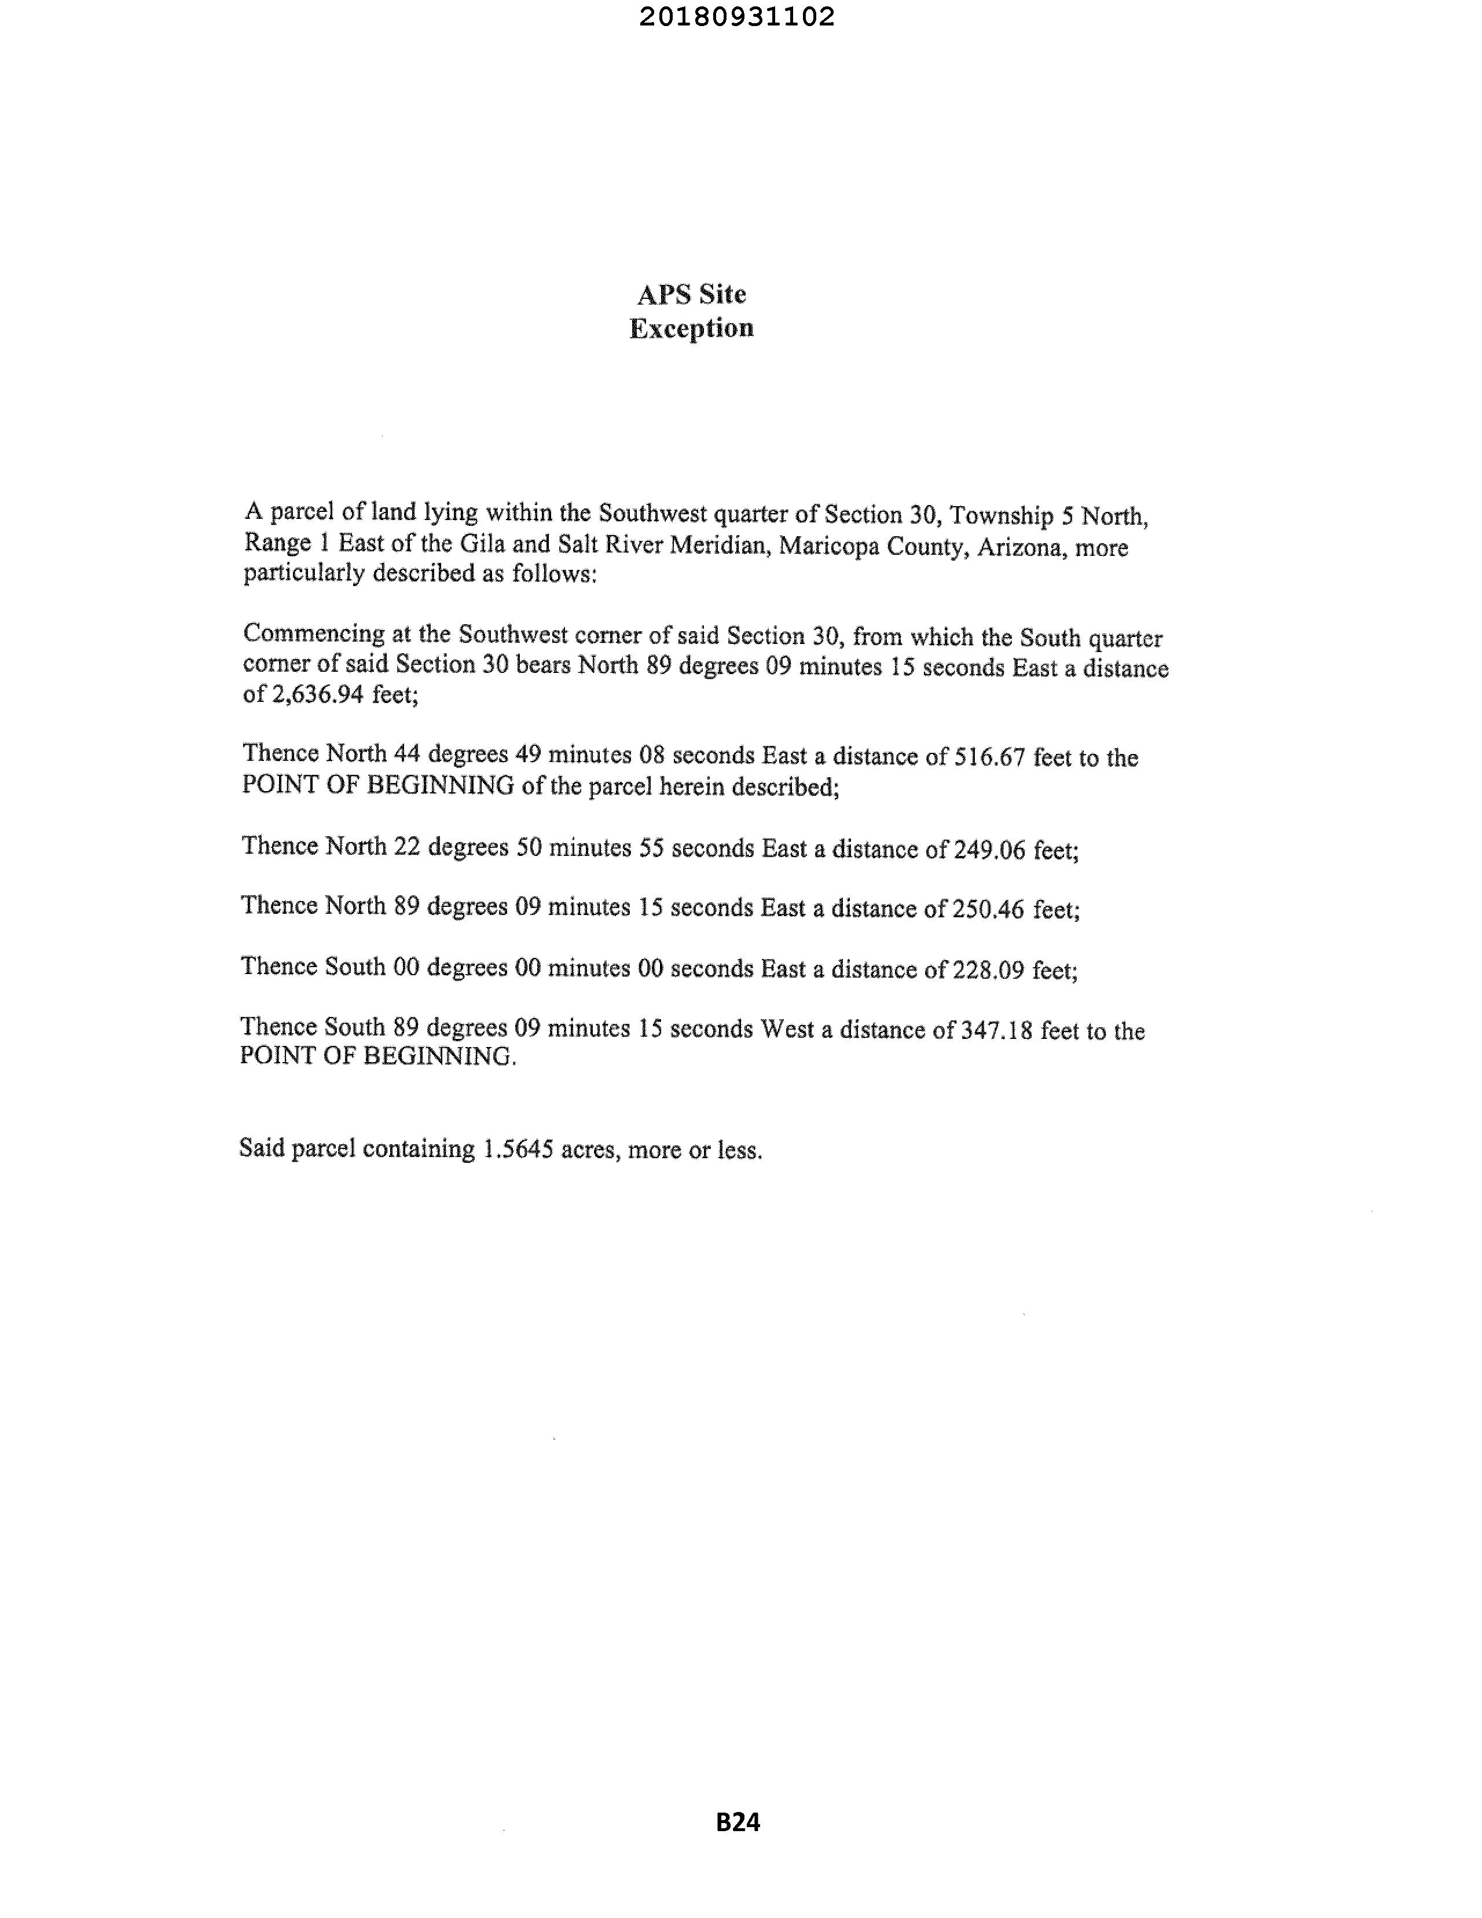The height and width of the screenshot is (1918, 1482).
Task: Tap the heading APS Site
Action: tap(692, 294)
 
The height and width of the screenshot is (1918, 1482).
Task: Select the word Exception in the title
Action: tap(692, 328)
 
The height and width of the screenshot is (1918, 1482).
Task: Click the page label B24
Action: tap(738, 1822)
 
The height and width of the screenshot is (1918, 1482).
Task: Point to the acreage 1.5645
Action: tap(518, 1149)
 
